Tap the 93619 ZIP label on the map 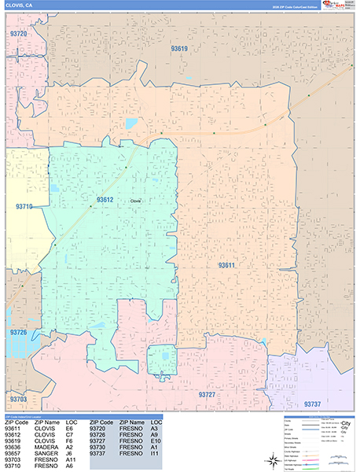pyautogui.click(x=179, y=49)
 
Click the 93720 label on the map pyautogui.click(x=17, y=35)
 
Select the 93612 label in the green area pyautogui.click(x=105, y=200)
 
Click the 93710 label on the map pyautogui.click(x=24, y=207)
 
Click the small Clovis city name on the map pyautogui.click(x=136, y=201)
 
